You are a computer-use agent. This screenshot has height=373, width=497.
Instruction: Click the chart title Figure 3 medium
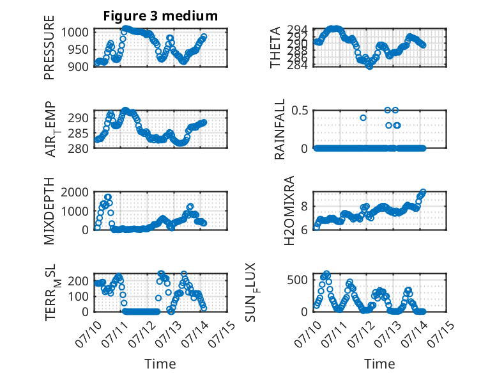coord(160,15)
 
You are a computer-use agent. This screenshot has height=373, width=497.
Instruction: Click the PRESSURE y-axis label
coord(49,47)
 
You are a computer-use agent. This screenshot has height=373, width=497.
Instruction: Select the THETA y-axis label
coord(275,47)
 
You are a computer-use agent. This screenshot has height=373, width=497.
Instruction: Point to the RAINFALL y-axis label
coord(280,129)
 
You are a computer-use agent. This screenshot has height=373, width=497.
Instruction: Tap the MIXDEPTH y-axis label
coord(49,210)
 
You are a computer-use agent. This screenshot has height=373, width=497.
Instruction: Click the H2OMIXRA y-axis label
coord(289,210)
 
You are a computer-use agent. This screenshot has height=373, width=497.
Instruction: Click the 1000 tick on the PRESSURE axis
coord(75,33)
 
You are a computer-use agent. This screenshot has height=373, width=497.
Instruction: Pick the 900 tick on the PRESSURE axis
coord(78,67)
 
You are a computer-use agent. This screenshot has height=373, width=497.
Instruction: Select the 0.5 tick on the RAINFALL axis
coord(300,111)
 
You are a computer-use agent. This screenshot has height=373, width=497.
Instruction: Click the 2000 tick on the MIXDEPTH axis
coord(75,192)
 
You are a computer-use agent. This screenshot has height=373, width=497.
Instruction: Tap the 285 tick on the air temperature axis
coord(78,133)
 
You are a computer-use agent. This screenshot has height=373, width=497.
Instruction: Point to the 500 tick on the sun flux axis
coord(298,280)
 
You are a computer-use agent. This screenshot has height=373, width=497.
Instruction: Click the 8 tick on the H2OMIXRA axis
coord(305,207)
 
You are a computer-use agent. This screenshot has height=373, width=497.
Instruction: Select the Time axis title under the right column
coord(379,364)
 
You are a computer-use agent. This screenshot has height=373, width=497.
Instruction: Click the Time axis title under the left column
coord(160,364)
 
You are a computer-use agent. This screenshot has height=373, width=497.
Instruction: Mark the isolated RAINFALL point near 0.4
coord(363,118)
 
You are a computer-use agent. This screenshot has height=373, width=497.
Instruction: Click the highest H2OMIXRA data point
coord(423,192)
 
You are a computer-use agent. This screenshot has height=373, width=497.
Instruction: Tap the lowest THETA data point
coord(370,66)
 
